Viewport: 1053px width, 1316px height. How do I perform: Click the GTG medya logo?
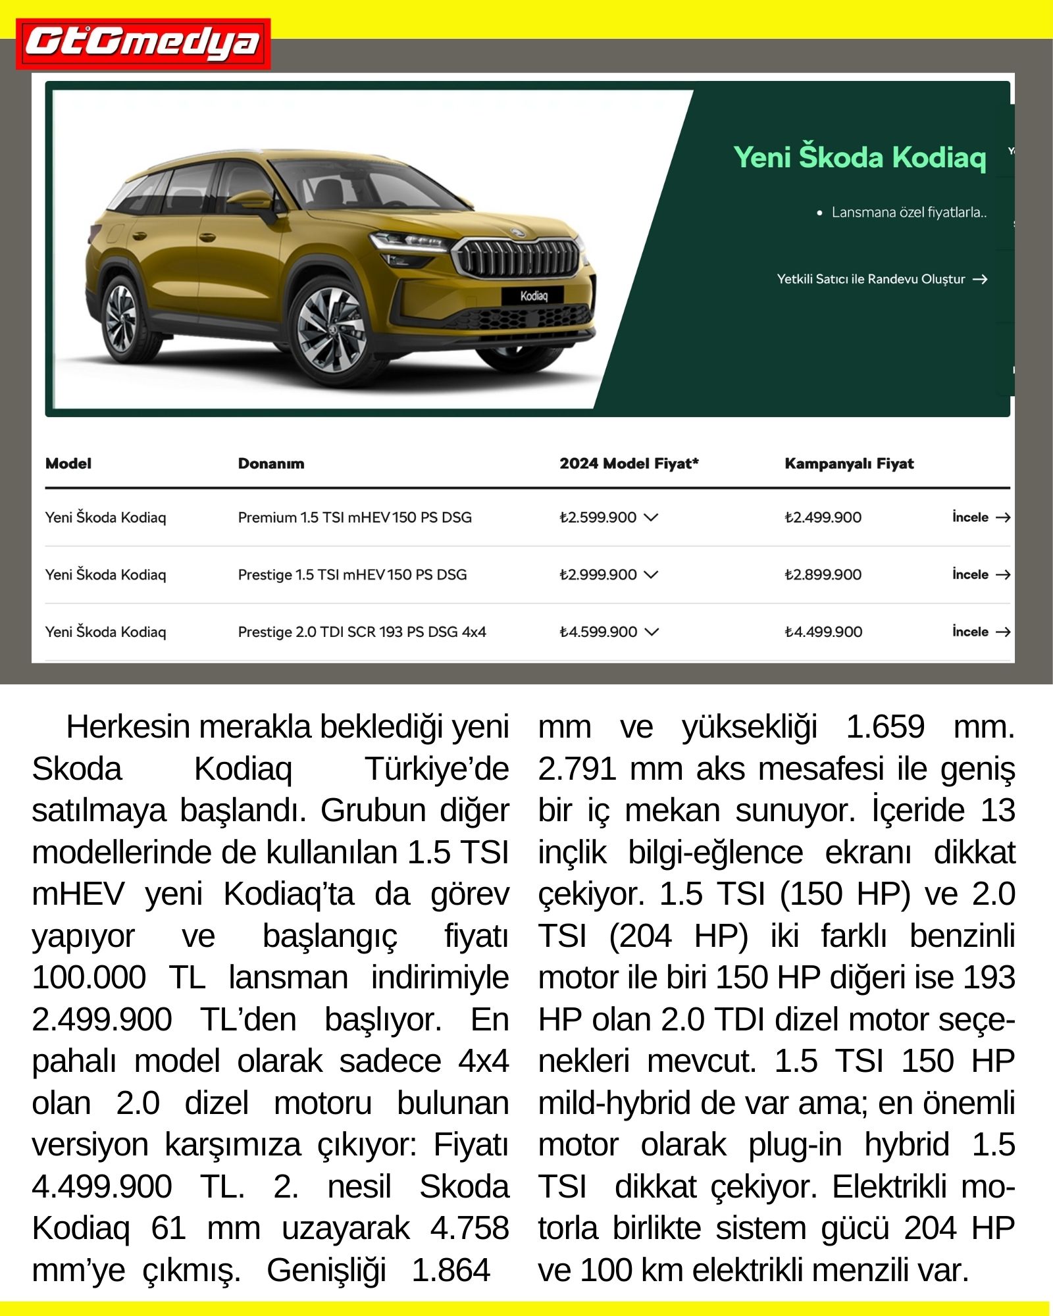tap(143, 43)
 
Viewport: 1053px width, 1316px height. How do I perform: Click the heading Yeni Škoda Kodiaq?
tap(860, 157)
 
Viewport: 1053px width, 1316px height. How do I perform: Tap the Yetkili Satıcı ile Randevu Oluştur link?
tap(881, 279)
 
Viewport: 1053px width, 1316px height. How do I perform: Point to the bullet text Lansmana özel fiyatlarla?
tap(908, 213)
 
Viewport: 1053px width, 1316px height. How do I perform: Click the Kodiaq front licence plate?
tap(533, 296)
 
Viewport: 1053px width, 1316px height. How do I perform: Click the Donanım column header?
tap(271, 464)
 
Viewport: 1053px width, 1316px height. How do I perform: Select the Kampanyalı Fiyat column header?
tap(849, 464)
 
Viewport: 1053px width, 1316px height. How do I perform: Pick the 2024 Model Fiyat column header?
tap(629, 464)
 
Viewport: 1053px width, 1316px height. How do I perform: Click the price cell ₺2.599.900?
tap(598, 518)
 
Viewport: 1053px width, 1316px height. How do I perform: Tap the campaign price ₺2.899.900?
tap(823, 575)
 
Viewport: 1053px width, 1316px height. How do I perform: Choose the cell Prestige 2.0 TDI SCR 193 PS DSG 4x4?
tap(362, 632)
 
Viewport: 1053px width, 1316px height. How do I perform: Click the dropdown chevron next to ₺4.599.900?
tap(652, 632)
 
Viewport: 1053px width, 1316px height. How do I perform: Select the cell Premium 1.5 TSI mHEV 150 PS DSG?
tap(355, 518)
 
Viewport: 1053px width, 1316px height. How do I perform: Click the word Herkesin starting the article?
tap(122, 728)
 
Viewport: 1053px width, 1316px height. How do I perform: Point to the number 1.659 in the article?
tap(885, 728)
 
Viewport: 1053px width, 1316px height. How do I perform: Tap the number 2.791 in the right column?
tap(577, 769)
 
